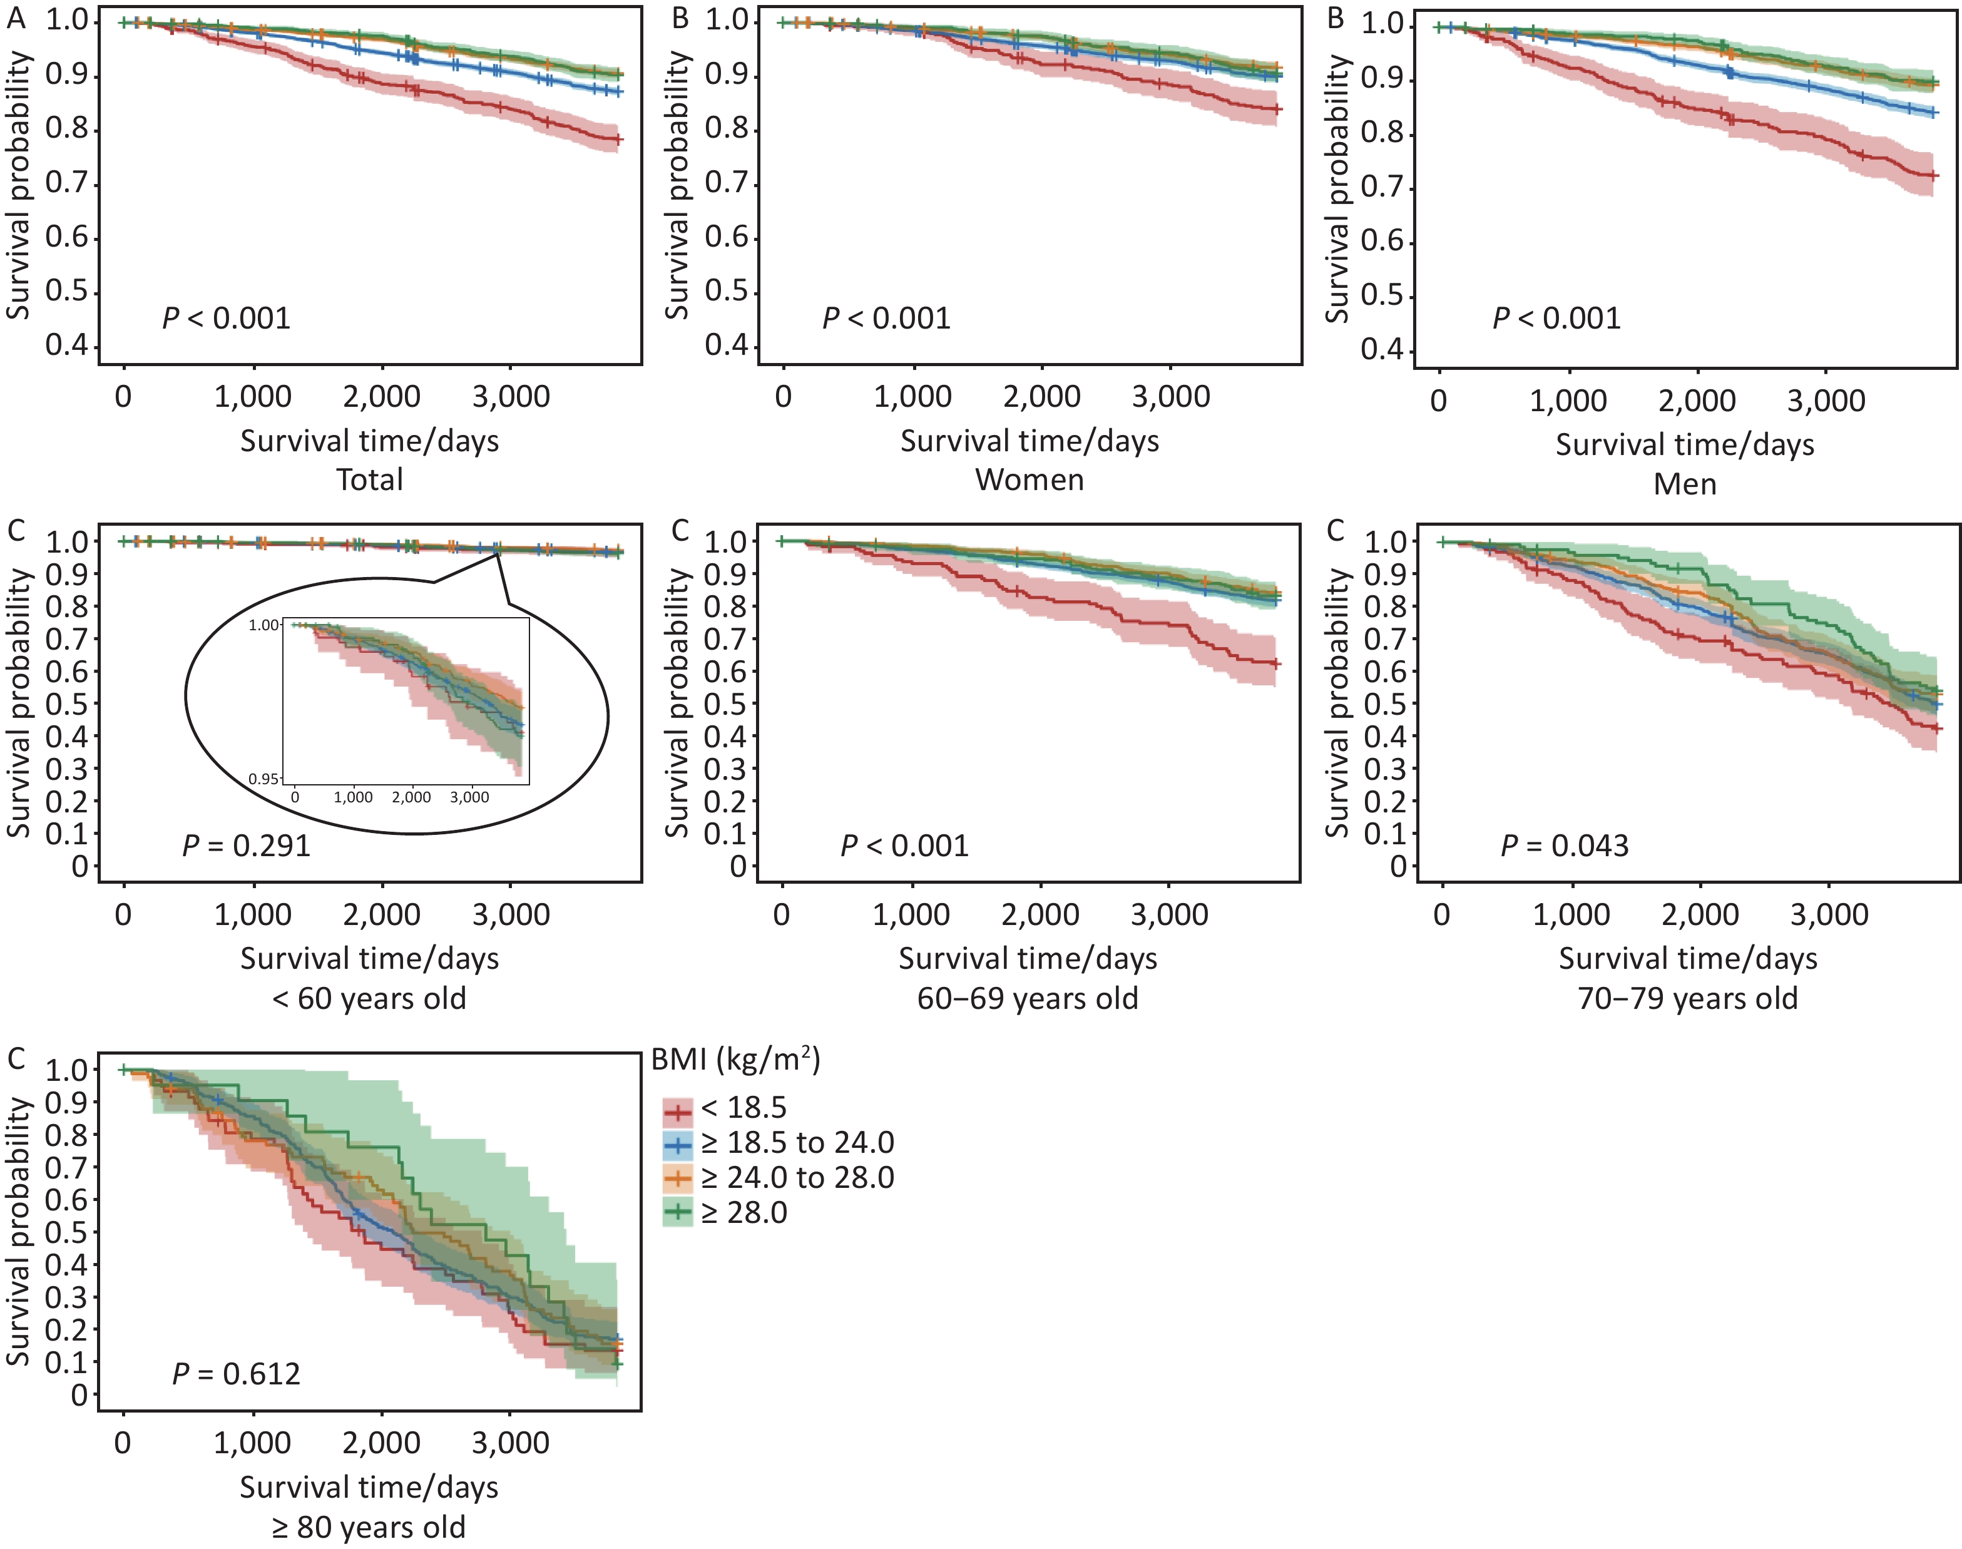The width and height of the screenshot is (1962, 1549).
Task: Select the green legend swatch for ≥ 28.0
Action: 677,1212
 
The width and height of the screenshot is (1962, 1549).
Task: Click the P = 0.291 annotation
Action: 247,846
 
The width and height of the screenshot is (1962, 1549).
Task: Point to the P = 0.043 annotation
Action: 1565,846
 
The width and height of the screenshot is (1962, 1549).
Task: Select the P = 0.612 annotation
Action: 237,1374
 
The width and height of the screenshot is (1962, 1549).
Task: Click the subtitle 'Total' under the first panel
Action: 370,479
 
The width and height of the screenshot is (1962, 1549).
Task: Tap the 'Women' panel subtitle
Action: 1029,479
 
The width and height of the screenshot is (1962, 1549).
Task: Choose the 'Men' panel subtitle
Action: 1685,483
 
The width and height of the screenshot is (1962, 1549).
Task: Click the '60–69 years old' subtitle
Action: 1027,998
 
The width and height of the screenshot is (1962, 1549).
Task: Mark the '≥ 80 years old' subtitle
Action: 369,1527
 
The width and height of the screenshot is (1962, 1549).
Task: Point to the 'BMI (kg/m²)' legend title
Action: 735,1060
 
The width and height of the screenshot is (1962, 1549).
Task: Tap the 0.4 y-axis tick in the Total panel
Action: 68,345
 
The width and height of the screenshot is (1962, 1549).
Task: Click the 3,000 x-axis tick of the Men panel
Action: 1826,401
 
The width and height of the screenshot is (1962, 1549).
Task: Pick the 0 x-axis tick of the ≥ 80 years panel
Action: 123,1443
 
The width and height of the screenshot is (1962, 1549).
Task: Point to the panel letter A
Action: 16,19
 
